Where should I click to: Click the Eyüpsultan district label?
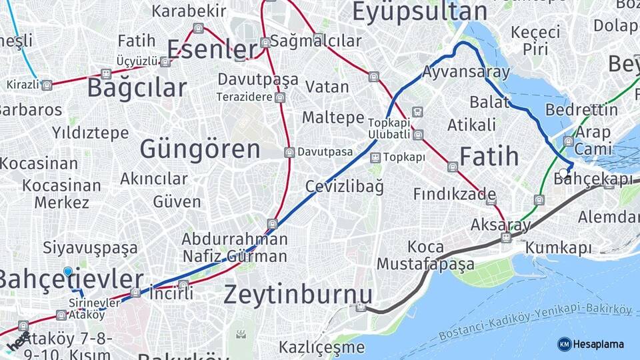pos(419,12)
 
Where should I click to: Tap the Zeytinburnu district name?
pos(297,294)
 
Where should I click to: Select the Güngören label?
pos(200,149)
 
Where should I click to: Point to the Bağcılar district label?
pos(137,88)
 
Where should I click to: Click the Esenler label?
pos(213,49)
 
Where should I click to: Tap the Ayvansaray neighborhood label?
pos(466,72)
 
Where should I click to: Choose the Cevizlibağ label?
pos(345,186)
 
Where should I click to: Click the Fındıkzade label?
pos(454,194)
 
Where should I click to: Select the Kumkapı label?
pos(558,248)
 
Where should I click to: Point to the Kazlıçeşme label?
pos(321,347)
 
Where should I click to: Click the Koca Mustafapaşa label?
pos(425,255)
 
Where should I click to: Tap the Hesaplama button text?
pos(599,344)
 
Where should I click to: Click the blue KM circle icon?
pos(564,344)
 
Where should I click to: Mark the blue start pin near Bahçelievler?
pos(68,271)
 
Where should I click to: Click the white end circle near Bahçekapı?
pos(564,172)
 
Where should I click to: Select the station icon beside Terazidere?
pos(279,97)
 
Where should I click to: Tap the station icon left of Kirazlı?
pos(46,85)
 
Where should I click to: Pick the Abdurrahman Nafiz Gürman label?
pos(235,247)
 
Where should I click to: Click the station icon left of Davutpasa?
pos(289,152)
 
